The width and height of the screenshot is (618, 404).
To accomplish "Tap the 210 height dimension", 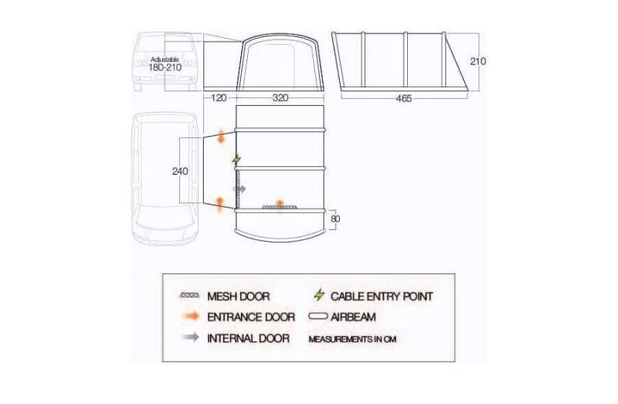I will tap(478, 61).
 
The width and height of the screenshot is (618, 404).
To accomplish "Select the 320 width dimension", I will tap(282, 99).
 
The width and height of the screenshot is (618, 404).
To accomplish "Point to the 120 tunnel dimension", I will tap(218, 99).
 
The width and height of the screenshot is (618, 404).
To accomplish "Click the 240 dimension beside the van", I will tap(180, 171).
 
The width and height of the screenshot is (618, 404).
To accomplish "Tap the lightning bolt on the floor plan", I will tap(236, 160).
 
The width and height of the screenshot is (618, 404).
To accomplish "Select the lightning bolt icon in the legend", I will tap(318, 296).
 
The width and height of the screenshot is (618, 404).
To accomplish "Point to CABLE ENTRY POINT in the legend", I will tap(382, 297).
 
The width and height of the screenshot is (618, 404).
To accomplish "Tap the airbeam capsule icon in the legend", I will tap(318, 317).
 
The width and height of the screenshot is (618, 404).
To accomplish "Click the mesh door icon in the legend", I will tap(189, 297).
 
